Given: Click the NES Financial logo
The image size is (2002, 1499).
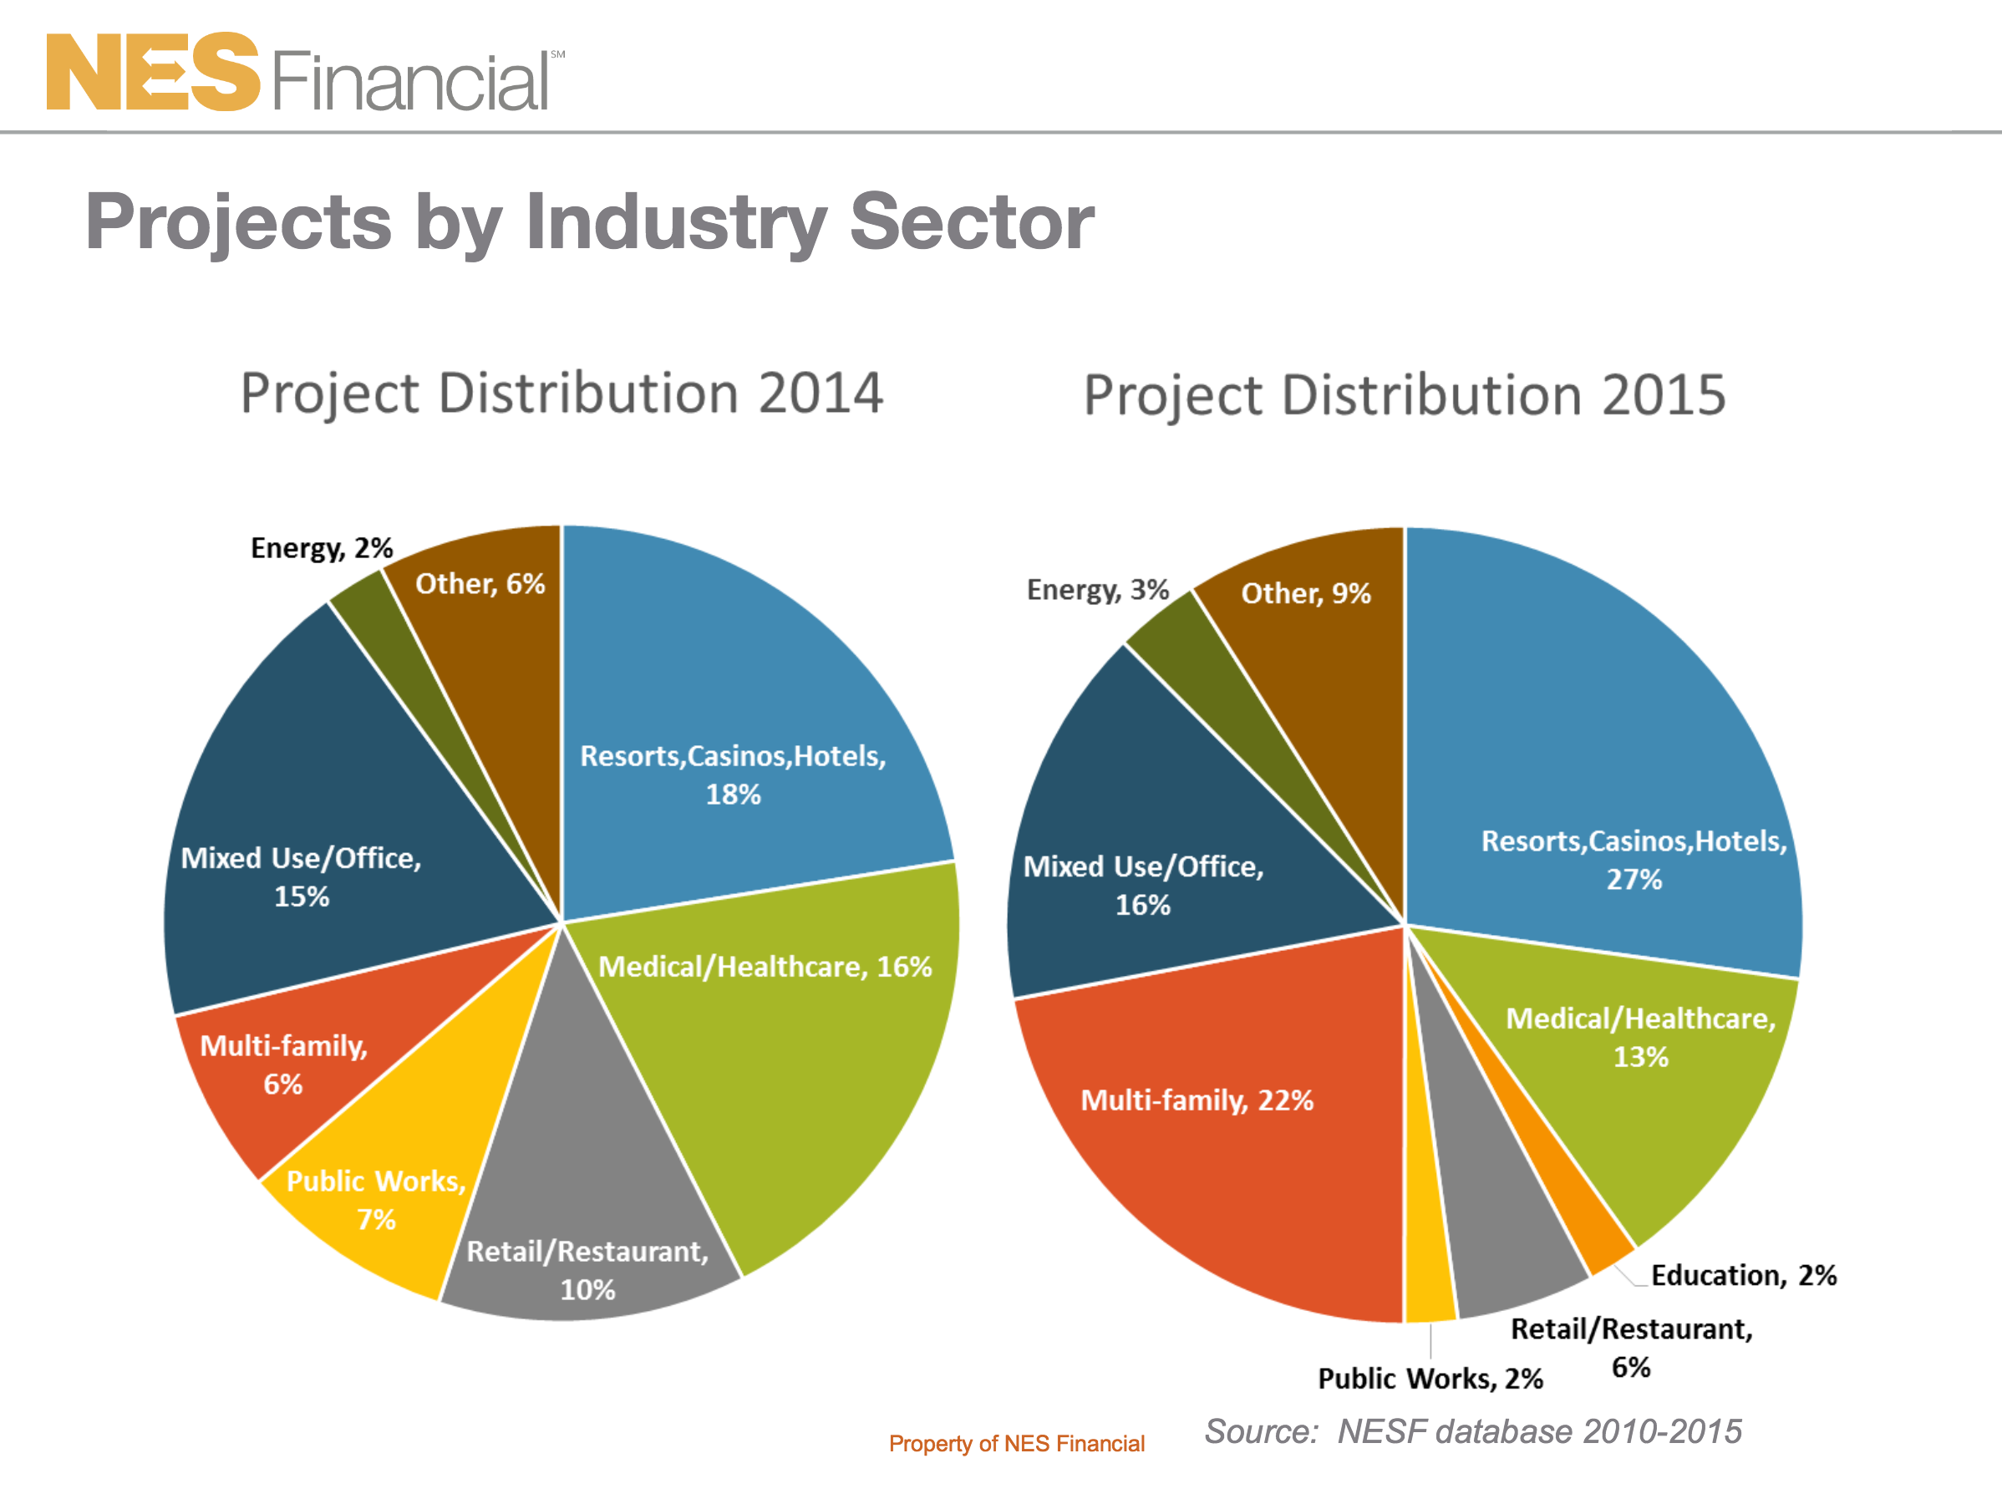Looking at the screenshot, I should click(303, 73).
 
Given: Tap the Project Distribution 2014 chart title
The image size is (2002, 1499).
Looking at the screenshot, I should click(561, 393).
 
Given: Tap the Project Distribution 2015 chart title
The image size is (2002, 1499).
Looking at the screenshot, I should click(1405, 395).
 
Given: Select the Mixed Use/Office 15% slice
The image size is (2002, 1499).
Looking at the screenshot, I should click(307, 842).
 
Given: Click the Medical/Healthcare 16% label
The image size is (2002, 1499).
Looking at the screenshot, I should click(765, 967).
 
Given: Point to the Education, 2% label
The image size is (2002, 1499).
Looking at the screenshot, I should click(1743, 1275).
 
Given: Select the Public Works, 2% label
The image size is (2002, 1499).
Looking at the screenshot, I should click(1430, 1379).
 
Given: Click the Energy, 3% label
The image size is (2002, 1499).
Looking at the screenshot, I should click(1098, 590).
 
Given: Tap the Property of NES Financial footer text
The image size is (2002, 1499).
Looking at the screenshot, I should click(1016, 1444).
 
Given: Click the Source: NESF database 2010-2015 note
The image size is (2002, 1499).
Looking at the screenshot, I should click(1472, 1431).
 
